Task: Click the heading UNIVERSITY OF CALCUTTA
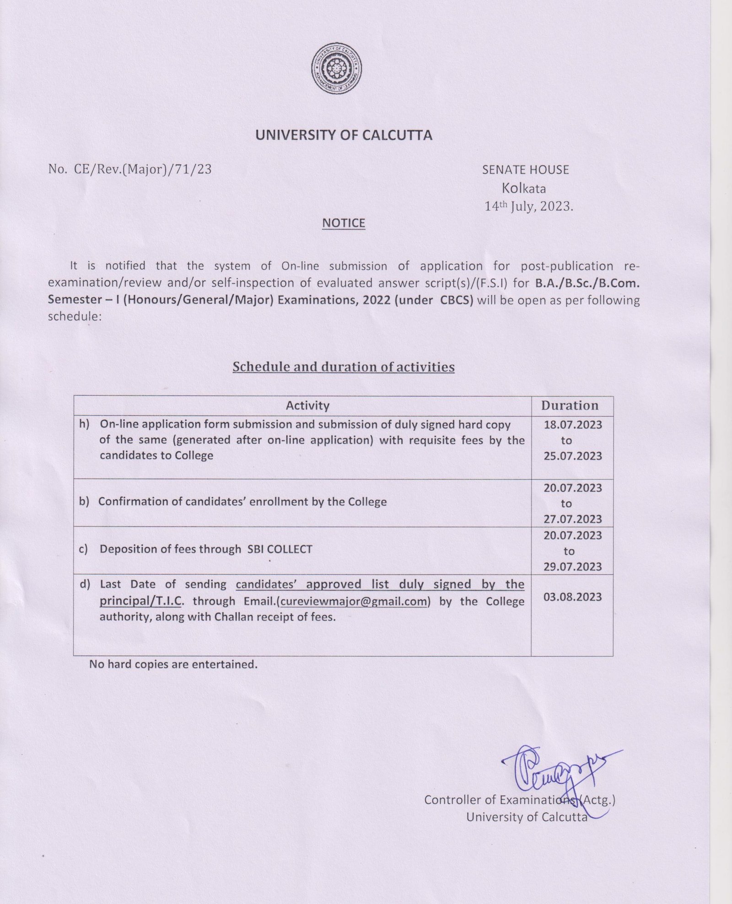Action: (343, 136)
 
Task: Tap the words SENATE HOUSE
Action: (525, 170)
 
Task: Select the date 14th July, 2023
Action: (528, 207)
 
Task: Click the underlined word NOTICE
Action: (344, 223)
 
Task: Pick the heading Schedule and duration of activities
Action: (343, 367)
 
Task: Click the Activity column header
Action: (307, 406)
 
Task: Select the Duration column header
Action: (570, 406)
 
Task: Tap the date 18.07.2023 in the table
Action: (573, 425)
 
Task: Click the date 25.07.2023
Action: (573, 456)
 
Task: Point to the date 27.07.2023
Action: (573, 519)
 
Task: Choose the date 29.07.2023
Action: (573, 567)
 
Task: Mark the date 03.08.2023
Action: (573, 597)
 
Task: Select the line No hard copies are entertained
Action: (173, 664)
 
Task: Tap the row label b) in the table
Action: (84, 502)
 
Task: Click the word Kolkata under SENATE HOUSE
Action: (524, 188)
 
